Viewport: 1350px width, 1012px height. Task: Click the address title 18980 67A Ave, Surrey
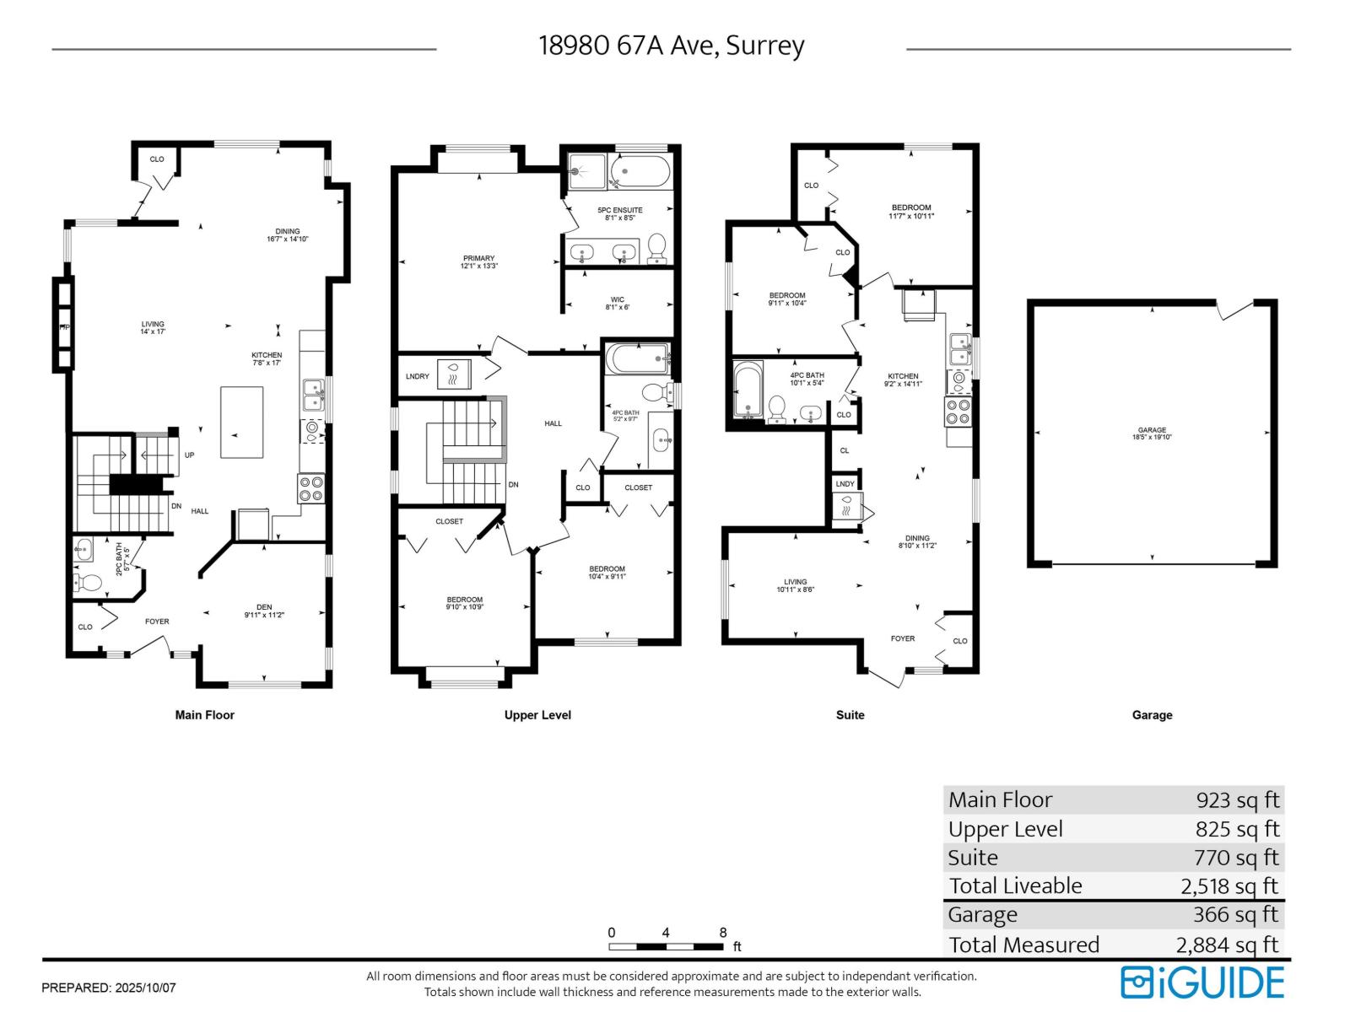pyautogui.click(x=671, y=46)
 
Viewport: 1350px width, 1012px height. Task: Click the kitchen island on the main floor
pyautogui.click(x=241, y=422)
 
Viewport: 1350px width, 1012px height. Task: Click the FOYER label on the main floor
pyautogui.click(x=157, y=622)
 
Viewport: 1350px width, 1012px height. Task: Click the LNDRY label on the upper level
pyautogui.click(x=417, y=376)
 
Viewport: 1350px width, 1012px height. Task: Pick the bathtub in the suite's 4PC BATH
pyautogui.click(x=747, y=390)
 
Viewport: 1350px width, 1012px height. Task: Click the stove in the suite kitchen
pyautogui.click(x=958, y=411)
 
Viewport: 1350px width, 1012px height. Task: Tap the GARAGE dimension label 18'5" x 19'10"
pyautogui.click(x=1152, y=434)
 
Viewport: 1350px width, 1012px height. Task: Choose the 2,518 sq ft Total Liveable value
pyautogui.click(x=1229, y=886)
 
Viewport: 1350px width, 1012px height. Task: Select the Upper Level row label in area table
pyautogui.click(x=1005, y=829)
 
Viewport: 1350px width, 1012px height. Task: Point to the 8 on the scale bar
pyautogui.click(x=723, y=933)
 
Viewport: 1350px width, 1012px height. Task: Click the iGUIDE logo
pyautogui.click(x=1201, y=982)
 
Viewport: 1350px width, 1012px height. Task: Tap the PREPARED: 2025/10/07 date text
pyautogui.click(x=109, y=988)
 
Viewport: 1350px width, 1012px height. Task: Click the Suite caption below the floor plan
pyautogui.click(x=850, y=715)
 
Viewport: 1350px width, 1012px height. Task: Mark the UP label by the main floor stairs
pyautogui.click(x=189, y=455)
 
